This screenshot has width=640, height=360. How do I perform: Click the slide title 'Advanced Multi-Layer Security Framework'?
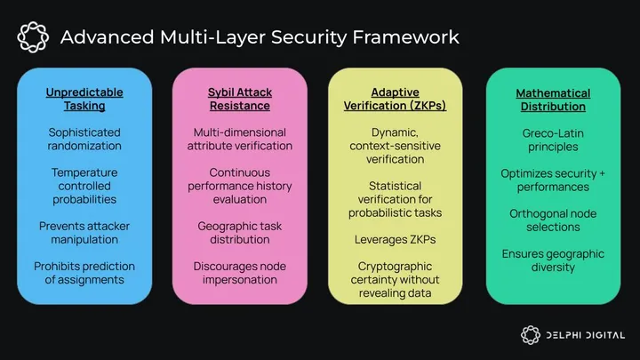pos(259,37)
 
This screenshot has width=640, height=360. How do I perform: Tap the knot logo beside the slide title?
pos(32,37)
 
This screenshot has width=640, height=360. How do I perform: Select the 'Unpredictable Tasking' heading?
pos(85,99)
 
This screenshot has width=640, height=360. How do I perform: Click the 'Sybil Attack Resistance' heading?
pos(239,99)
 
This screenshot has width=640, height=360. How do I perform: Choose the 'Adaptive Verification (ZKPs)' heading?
pos(396,99)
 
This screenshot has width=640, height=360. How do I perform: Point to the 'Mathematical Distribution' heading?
pos(552,99)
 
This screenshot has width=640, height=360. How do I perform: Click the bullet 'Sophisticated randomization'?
pos(85,139)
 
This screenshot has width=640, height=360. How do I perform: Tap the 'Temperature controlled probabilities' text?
pos(85,187)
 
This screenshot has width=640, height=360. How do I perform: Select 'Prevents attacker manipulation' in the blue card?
pos(85,233)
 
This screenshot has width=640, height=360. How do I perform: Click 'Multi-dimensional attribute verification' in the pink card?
pos(239,139)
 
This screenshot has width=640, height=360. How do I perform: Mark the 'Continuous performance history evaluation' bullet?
pos(239,187)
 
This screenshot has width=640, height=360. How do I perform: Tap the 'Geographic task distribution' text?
pos(239,233)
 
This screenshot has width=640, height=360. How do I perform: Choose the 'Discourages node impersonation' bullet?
pos(239,273)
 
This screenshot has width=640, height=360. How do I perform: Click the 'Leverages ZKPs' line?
pos(396,239)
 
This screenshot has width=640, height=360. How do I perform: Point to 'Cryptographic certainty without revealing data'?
pos(396,280)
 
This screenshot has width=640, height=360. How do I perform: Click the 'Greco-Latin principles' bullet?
pos(552,140)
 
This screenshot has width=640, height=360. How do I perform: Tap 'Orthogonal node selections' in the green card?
pos(552,220)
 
